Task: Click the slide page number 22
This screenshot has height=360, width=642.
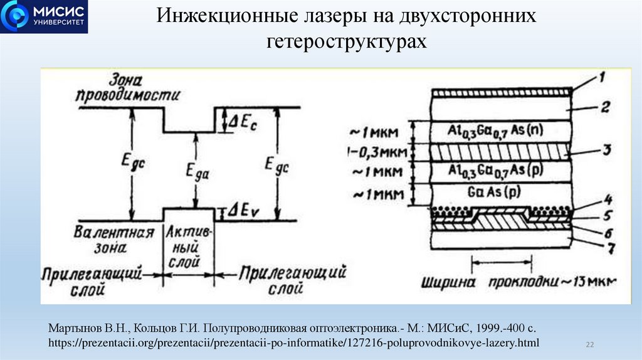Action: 589,344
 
